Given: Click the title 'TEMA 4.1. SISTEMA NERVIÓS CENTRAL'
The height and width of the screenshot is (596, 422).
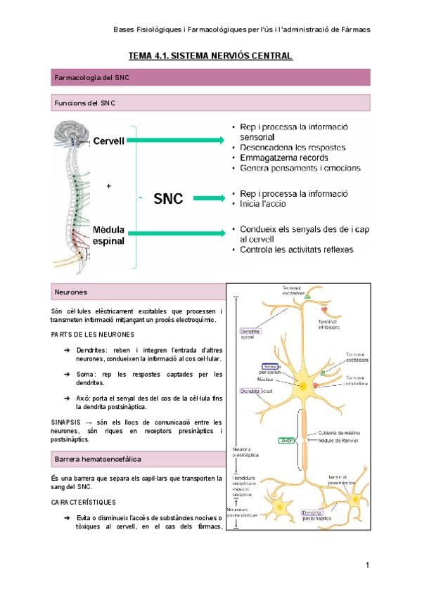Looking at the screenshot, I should [x=210, y=55].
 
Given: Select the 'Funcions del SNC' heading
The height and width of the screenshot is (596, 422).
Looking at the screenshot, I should [x=85, y=103].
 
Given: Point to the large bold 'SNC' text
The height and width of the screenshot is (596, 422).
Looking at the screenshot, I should [x=168, y=199].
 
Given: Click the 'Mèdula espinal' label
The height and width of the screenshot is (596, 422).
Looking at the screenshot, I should [x=108, y=235].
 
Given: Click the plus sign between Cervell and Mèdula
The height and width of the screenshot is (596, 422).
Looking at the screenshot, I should [x=108, y=186].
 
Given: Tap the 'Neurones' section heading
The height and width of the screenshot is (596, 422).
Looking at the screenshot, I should [x=71, y=292].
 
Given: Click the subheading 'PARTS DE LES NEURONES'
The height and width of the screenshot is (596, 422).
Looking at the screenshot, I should [x=93, y=335].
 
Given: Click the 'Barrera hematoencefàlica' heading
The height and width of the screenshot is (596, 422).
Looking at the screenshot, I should [x=98, y=460].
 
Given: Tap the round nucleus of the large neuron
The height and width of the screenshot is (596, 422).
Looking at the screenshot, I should [x=303, y=386].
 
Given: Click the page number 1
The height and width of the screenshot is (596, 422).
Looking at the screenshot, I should [x=367, y=566].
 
